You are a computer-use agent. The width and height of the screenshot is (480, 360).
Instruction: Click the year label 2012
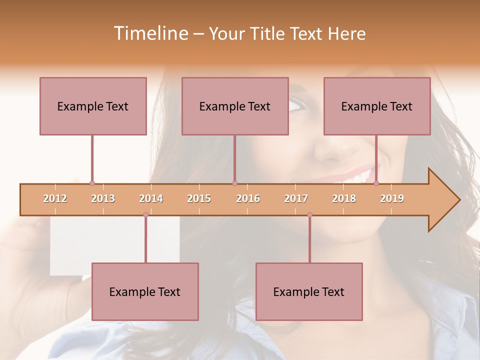[x=55, y=198]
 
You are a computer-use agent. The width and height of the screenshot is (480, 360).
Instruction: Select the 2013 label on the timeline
[x=103, y=198]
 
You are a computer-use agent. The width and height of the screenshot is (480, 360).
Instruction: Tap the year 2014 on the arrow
[x=151, y=198]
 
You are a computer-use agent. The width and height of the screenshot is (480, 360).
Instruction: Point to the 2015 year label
[x=199, y=198]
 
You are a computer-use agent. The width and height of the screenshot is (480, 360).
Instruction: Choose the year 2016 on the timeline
[x=248, y=198]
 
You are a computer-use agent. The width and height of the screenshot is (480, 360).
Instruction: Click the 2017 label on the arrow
[x=296, y=198]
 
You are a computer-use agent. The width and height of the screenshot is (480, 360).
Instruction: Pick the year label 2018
[x=344, y=198]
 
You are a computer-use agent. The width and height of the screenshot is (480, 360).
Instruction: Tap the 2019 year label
[x=392, y=198]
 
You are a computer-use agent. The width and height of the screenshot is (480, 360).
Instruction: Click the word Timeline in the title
[x=150, y=33]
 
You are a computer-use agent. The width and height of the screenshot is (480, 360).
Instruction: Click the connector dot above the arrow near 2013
[x=92, y=183]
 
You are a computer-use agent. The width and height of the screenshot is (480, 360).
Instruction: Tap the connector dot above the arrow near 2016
[x=234, y=183]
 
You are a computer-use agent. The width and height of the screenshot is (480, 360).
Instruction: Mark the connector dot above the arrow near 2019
[x=376, y=183]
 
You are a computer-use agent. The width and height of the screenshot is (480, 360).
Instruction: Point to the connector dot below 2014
[x=145, y=215]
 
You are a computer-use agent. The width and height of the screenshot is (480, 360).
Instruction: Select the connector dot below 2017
[x=309, y=215]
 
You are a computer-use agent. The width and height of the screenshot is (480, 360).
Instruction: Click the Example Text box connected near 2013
[x=93, y=106]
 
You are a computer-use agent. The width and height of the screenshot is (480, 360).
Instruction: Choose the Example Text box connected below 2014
[x=145, y=291]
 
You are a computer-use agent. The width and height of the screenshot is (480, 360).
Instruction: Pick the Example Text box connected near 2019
[x=377, y=106]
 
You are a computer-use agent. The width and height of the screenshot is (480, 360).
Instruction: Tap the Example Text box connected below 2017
[x=309, y=291]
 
